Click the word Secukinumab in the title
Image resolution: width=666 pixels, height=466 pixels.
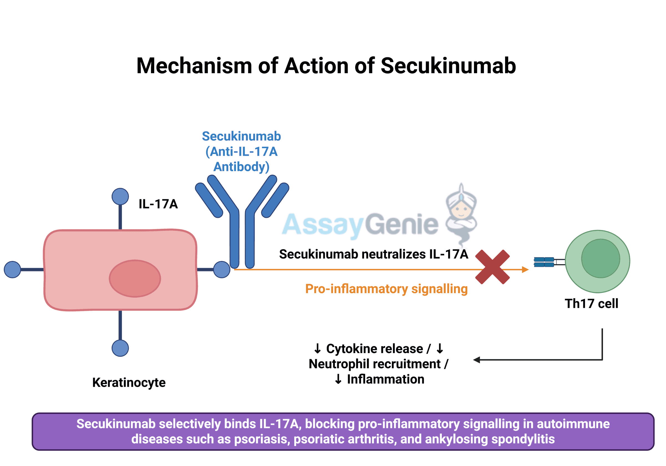pyautogui.click(x=448, y=66)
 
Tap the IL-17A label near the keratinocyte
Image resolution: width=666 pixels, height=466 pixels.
pyautogui.click(x=158, y=204)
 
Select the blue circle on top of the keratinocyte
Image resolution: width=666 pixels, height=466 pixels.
pyautogui.click(x=120, y=196)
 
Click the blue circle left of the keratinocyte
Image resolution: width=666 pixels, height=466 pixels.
pyautogui.click(x=12, y=269)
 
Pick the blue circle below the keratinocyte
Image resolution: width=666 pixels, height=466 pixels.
pyautogui.click(x=120, y=348)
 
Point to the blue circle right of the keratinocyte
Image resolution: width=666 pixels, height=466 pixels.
pyautogui.click(x=222, y=269)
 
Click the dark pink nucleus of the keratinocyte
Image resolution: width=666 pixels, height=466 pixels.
pyautogui.click(x=135, y=278)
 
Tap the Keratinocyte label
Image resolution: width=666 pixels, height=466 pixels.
pyautogui.click(x=129, y=383)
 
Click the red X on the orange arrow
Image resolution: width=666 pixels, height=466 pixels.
pyautogui.click(x=492, y=267)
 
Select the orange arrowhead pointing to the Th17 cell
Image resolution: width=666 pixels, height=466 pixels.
pyautogui.click(x=525, y=270)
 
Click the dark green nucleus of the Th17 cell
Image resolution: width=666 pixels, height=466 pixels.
pyautogui.click(x=601, y=258)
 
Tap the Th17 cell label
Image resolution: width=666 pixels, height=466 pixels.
pyautogui.click(x=591, y=304)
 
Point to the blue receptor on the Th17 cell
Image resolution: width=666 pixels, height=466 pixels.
pyautogui.click(x=544, y=262)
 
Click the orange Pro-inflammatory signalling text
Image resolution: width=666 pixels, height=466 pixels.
pyautogui.click(x=386, y=289)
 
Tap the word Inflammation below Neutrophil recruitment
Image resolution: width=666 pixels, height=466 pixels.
pyautogui.click(x=385, y=379)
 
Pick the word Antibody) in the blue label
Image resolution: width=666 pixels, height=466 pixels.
pyautogui.click(x=241, y=167)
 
